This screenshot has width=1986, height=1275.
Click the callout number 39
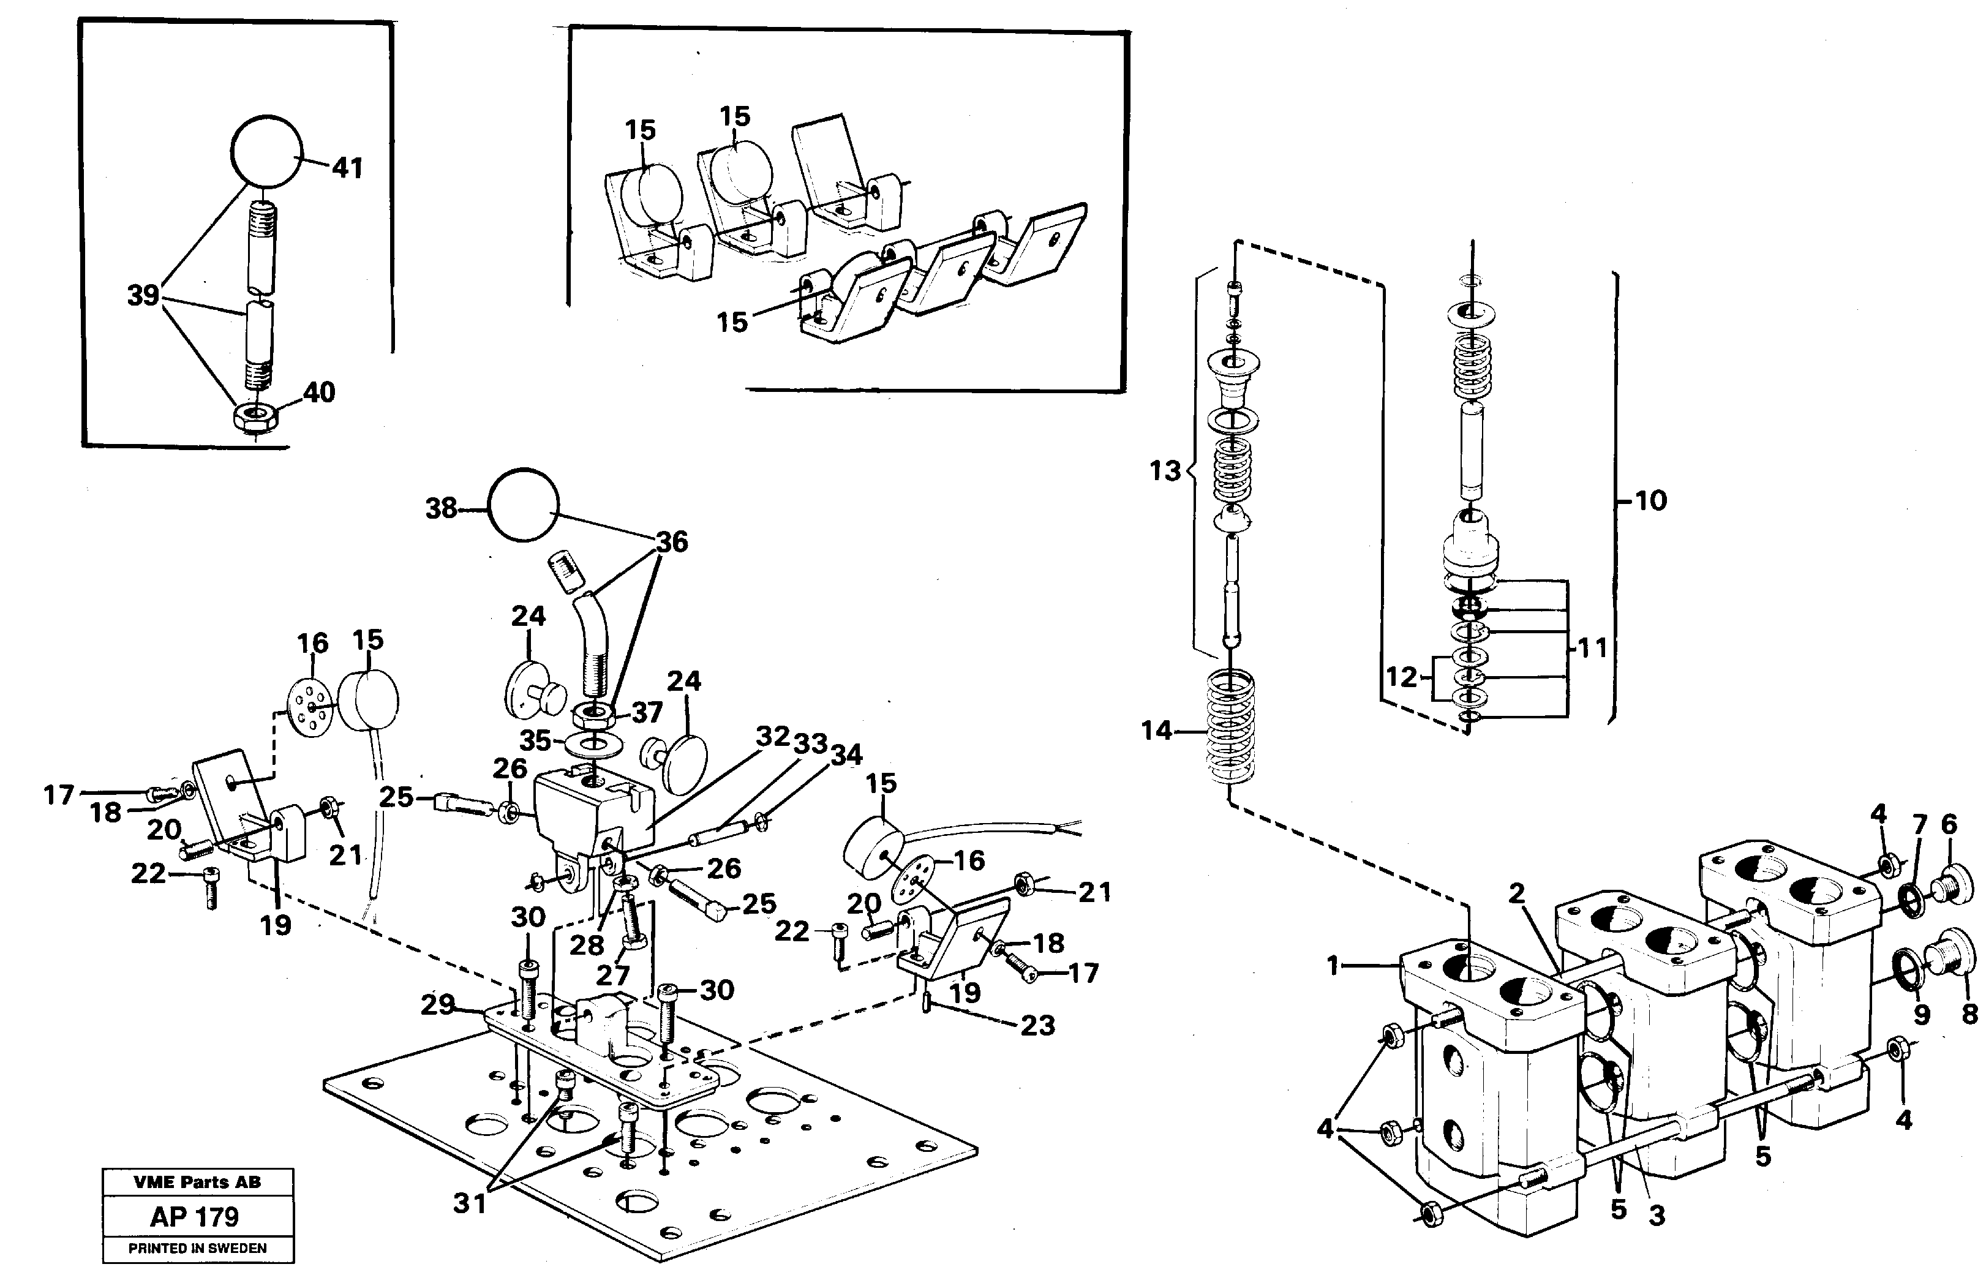pyautogui.click(x=143, y=296)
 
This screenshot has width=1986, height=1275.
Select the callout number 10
pyautogui.click(x=1651, y=500)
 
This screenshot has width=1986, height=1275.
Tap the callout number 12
pyautogui.click(x=1402, y=677)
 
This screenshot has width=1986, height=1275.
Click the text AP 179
pyautogui.click(x=195, y=1216)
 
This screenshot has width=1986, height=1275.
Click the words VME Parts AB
pyautogui.click(x=197, y=1183)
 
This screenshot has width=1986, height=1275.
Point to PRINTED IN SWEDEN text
pyautogui.click(x=197, y=1249)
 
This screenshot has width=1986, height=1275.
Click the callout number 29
pyautogui.click(x=438, y=1004)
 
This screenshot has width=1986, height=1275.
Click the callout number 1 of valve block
pyautogui.click(x=1332, y=965)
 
